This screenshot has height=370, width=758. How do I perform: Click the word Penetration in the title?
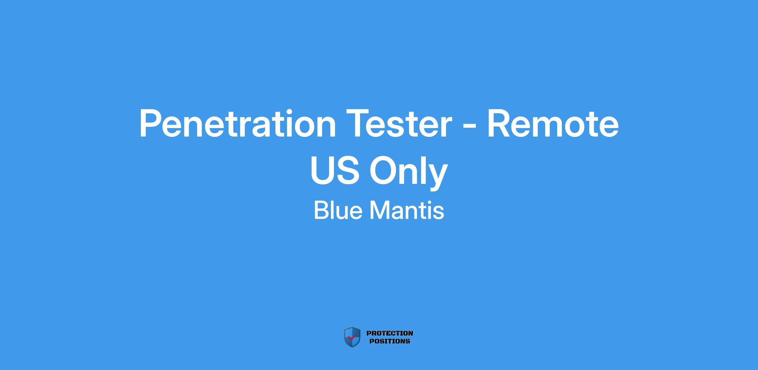(238, 123)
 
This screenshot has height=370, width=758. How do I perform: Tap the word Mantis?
(407, 210)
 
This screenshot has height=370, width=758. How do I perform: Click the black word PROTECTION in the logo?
(390, 333)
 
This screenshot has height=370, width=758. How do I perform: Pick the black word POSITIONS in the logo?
(390, 341)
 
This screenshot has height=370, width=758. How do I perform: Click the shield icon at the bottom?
(352, 337)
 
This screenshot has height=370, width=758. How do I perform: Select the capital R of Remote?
(499, 123)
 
